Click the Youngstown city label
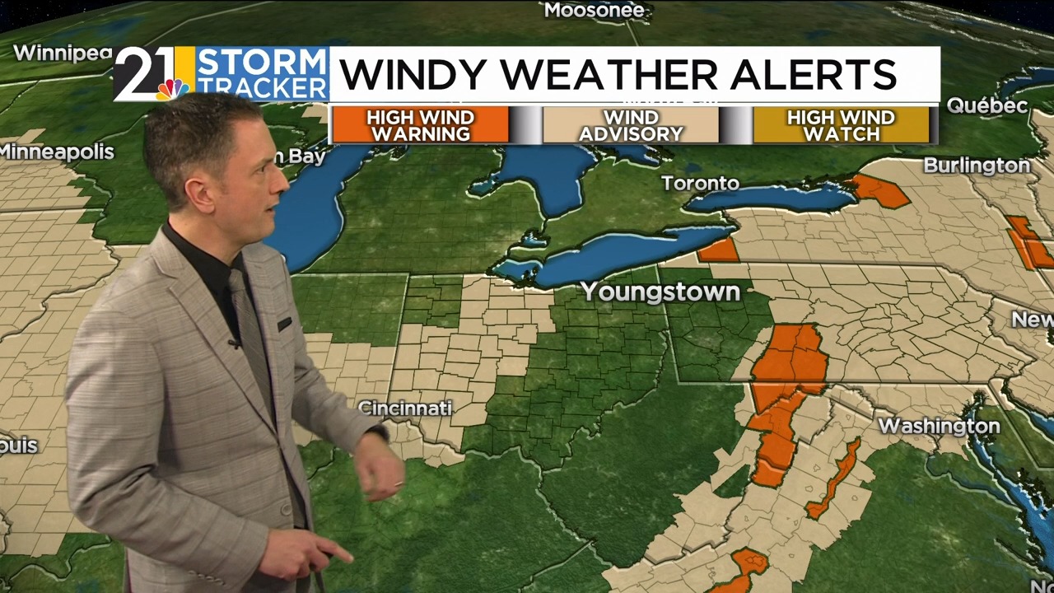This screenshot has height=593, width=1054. [660, 292]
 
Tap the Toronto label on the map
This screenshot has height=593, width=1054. [700, 183]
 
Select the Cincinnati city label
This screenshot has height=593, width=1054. [405, 409]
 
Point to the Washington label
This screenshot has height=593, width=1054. [939, 426]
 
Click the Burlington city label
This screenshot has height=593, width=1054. [977, 166]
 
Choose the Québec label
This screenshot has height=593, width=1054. [986, 105]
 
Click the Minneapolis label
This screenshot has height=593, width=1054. [57, 152]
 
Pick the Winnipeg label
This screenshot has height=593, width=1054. [63, 54]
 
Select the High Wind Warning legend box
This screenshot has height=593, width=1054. [420, 125]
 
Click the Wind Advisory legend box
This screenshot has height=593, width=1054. [631, 125]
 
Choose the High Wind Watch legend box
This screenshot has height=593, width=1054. [841, 125]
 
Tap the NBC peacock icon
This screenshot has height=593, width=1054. [172, 89]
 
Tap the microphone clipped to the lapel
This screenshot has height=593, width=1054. [235, 341]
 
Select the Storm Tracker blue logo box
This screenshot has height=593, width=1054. [262, 74]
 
